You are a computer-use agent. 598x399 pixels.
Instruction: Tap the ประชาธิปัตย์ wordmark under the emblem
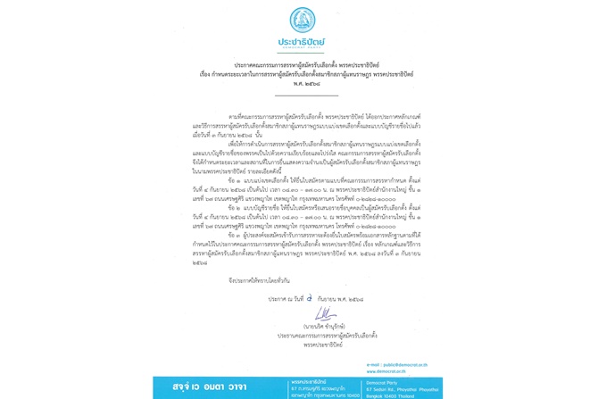(302, 41)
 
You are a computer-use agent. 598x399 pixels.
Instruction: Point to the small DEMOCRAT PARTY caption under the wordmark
(302, 50)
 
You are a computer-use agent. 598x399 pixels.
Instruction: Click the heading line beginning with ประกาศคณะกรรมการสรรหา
(302, 64)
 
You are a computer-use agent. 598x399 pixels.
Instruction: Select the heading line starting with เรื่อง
(302, 72)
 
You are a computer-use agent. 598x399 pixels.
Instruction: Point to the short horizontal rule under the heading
(302, 92)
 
